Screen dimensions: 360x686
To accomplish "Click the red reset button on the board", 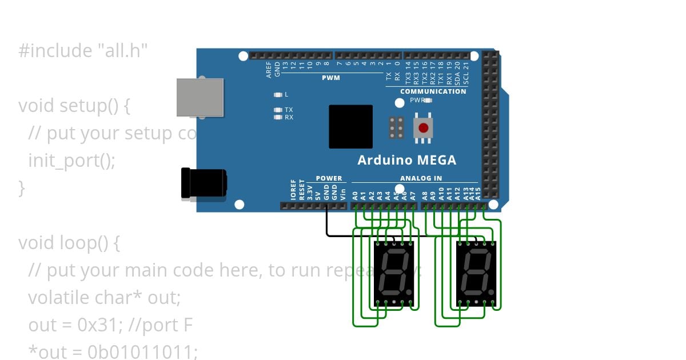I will [x=424, y=127].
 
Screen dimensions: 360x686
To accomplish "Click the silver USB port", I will [x=200, y=97].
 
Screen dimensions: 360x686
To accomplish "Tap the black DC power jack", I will [x=204, y=183].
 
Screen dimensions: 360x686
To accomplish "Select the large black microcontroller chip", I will [x=350, y=126].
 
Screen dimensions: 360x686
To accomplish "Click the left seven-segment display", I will [x=393, y=273].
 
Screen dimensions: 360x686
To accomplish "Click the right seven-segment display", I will [x=476, y=273].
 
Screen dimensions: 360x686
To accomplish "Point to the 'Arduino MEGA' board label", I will [x=406, y=160].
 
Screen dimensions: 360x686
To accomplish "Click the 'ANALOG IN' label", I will [x=421, y=178].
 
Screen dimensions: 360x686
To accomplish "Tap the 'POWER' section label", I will [x=329, y=178].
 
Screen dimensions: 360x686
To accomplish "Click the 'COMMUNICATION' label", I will [x=433, y=91].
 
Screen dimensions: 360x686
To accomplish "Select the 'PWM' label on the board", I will [x=330, y=78].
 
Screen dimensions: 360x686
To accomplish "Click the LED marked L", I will [x=278, y=94].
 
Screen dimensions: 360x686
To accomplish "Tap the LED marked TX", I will [x=278, y=110].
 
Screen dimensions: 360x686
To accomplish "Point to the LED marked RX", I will [x=278, y=117].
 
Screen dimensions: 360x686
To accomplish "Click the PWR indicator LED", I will [x=428, y=100].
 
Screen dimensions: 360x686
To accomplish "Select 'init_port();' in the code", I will [x=72, y=161].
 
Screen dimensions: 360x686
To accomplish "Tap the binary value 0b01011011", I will [x=143, y=351].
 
